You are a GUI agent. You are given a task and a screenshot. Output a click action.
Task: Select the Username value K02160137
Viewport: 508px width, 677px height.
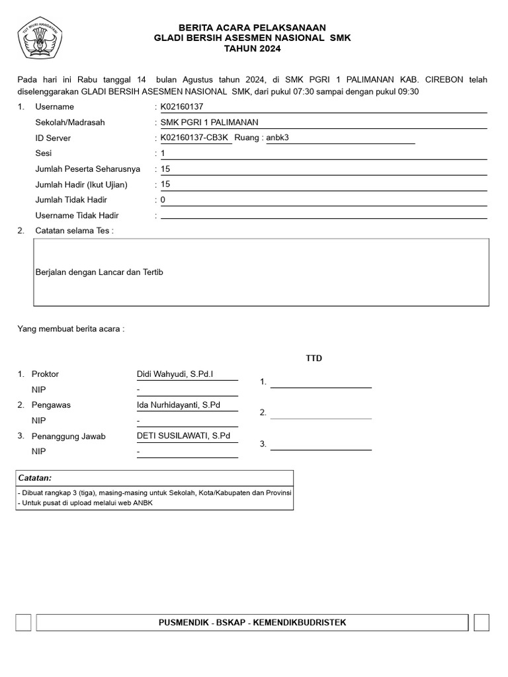(x=183, y=106)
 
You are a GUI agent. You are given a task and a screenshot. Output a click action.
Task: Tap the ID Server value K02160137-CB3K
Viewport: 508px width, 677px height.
(x=194, y=138)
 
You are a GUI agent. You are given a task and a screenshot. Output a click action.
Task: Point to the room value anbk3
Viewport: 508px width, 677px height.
(x=278, y=138)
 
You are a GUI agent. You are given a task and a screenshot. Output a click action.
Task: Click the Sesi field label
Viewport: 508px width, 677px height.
(x=44, y=153)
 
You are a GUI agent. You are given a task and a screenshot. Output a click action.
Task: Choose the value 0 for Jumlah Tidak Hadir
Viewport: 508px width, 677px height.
(x=163, y=200)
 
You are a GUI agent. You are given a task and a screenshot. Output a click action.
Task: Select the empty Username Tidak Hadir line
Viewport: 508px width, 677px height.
(x=323, y=215)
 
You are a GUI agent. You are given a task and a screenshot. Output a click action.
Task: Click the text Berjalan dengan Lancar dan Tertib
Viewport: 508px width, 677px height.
(x=99, y=272)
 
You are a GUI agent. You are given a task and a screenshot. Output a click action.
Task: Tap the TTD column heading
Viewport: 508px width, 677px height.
(x=314, y=358)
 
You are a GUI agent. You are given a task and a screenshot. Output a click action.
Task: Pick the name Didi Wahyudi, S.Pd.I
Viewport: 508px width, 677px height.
(x=175, y=374)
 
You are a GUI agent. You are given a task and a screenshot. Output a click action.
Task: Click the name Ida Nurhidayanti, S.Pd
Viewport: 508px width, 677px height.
(x=179, y=405)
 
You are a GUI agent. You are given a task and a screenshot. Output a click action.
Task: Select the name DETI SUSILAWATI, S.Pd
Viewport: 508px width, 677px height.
(x=183, y=436)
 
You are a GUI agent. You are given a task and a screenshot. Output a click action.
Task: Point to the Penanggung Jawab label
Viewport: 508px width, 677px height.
(x=69, y=436)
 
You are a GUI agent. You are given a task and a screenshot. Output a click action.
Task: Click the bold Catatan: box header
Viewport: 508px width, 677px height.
(x=35, y=477)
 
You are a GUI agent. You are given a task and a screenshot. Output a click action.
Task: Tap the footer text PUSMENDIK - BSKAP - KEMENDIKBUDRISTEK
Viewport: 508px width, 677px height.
(x=253, y=623)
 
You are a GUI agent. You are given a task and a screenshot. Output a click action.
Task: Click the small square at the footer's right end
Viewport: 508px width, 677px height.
(x=482, y=623)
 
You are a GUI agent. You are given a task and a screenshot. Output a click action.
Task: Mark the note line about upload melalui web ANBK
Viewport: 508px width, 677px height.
(x=85, y=502)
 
